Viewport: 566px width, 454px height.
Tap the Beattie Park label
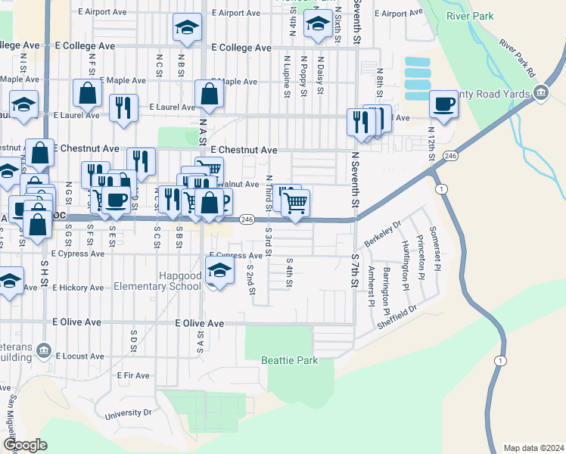tap(290, 361)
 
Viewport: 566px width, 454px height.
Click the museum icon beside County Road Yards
tap(541, 93)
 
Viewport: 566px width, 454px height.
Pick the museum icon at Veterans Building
tap(44, 350)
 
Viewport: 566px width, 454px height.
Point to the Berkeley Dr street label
tap(381, 237)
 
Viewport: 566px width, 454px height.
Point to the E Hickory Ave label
tap(78, 288)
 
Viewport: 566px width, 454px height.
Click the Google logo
tap(25, 445)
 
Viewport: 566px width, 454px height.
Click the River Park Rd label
tap(517, 56)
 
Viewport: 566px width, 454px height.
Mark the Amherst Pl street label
tap(370, 286)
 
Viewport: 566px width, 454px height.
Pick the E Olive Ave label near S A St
tap(200, 323)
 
